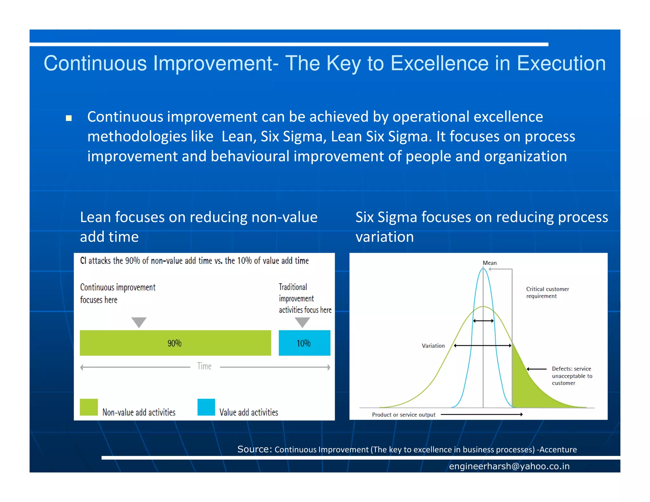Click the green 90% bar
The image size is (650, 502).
pyautogui.click(x=175, y=343)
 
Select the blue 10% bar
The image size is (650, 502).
pyautogui.click(x=304, y=343)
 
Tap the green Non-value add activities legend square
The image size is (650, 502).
pyautogui.click(x=89, y=407)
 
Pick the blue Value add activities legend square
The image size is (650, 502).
pyautogui.click(x=206, y=407)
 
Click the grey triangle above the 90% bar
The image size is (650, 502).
pyautogui.click(x=139, y=321)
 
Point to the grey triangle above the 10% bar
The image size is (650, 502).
pyautogui.click(x=302, y=321)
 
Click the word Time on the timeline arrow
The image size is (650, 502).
pyautogui.click(x=204, y=366)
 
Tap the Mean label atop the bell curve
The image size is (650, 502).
pyautogui.click(x=489, y=263)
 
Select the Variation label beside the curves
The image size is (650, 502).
pyautogui.click(x=433, y=346)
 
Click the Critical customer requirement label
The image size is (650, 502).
pyautogui.click(x=547, y=292)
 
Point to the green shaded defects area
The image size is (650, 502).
pyautogui.click(x=527, y=387)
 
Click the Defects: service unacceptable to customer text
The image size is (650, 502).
pyautogui.click(x=571, y=376)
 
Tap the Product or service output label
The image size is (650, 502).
pyautogui.click(x=403, y=414)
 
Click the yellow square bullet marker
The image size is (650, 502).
pyautogui.click(x=69, y=118)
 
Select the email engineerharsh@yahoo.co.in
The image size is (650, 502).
pyautogui.click(x=509, y=466)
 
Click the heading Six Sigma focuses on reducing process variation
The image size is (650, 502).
pyautogui.click(x=481, y=227)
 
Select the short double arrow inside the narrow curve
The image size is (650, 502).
pyautogui.click(x=483, y=321)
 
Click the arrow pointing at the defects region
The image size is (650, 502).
pyautogui.click(x=536, y=369)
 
